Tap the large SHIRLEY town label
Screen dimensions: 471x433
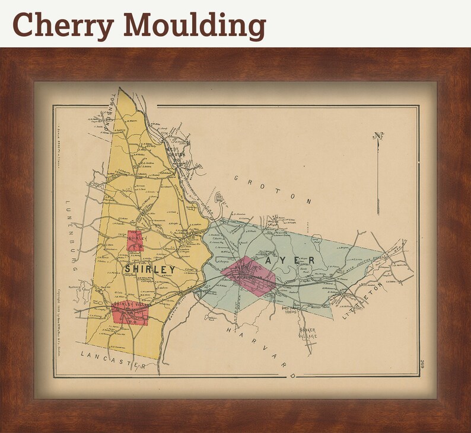150,270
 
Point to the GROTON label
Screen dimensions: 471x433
272,189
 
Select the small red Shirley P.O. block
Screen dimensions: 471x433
135,240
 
